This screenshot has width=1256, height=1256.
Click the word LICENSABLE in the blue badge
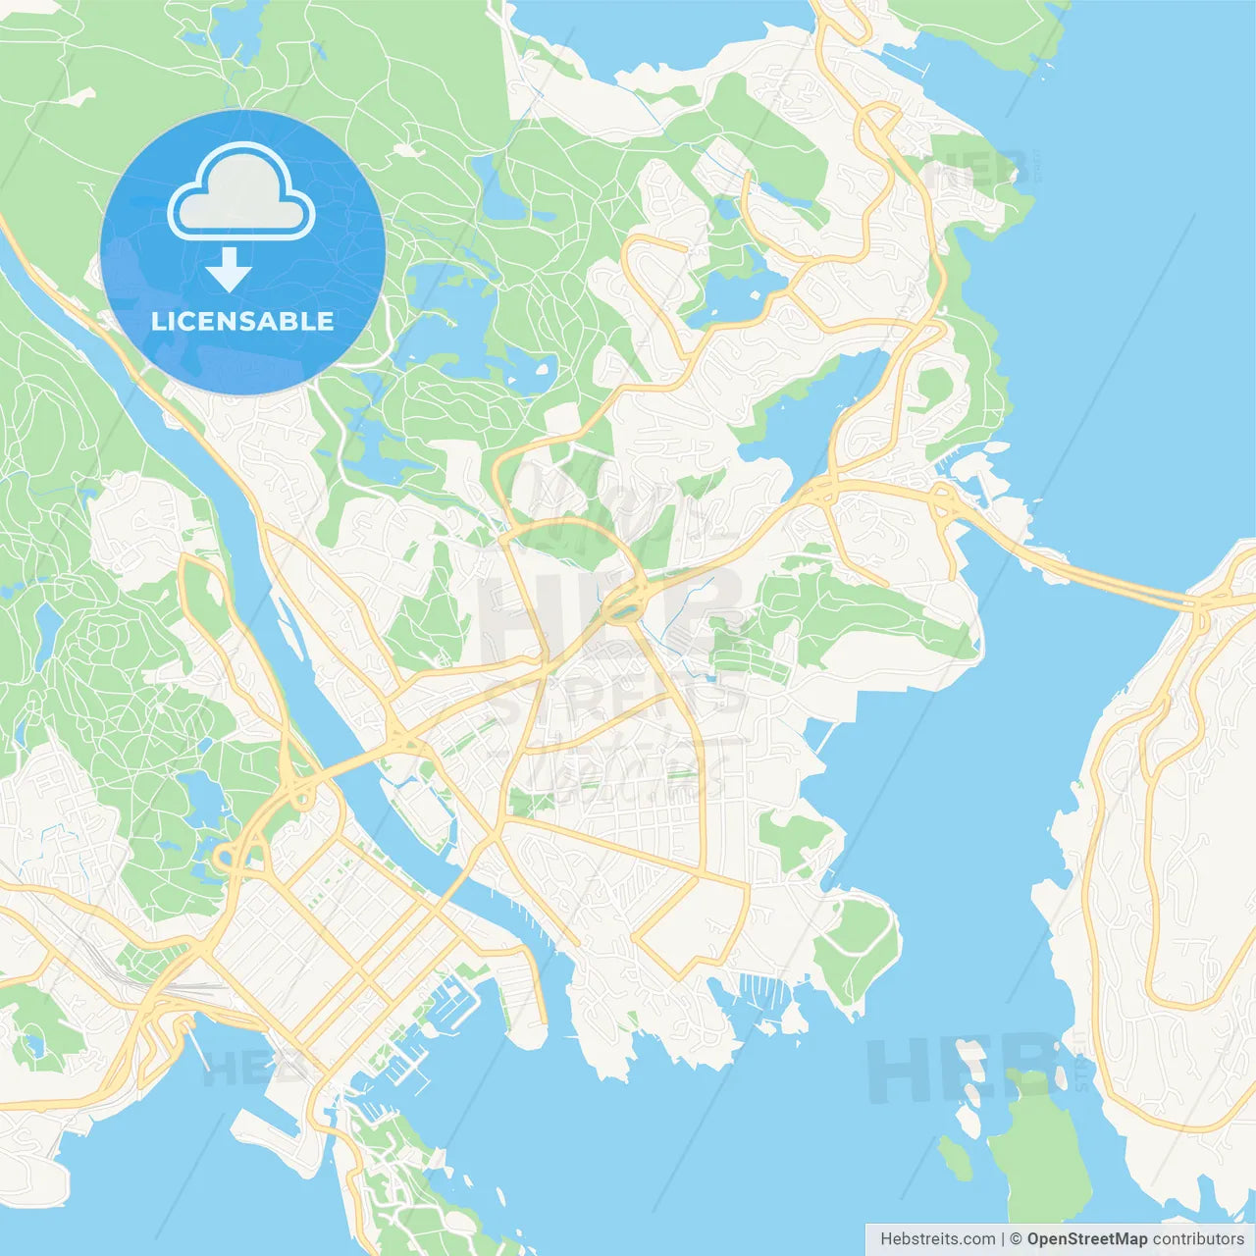[x=242, y=322]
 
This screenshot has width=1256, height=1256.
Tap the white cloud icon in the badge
[x=241, y=194]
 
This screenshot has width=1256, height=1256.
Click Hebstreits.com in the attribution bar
[x=937, y=1239]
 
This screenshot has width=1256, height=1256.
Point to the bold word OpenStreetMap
[x=1086, y=1239]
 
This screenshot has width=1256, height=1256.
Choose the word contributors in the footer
[x=1198, y=1239]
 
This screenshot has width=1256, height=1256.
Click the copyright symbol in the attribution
[x=1016, y=1239]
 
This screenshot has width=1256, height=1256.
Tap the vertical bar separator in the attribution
[x=1003, y=1239]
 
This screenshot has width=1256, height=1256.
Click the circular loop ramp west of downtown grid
[x=226, y=860]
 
